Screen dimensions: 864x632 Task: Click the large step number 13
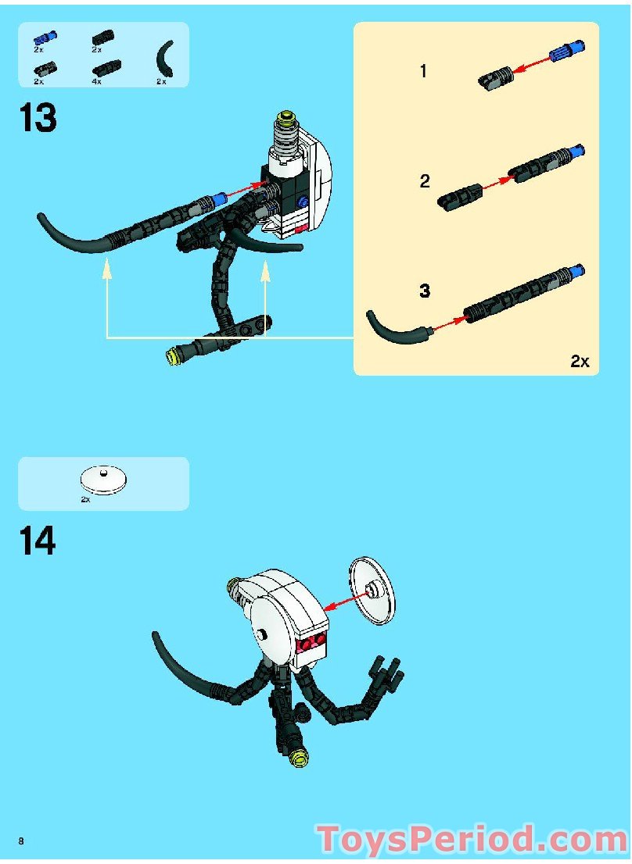(x=38, y=119)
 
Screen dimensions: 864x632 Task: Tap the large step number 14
(x=38, y=541)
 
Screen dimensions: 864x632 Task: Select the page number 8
(x=21, y=841)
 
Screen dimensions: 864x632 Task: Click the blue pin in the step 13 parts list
(x=45, y=37)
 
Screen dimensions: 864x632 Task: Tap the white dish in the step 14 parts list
(x=103, y=479)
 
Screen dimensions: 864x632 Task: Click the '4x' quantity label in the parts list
(x=96, y=81)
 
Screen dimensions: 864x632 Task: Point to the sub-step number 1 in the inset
(x=423, y=72)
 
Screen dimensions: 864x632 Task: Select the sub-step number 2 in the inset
(x=425, y=182)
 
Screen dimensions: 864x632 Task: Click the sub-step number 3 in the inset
(x=425, y=291)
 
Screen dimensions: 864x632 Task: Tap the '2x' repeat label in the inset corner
(x=579, y=361)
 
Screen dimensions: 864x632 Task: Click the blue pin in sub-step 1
(x=563, y=52)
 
